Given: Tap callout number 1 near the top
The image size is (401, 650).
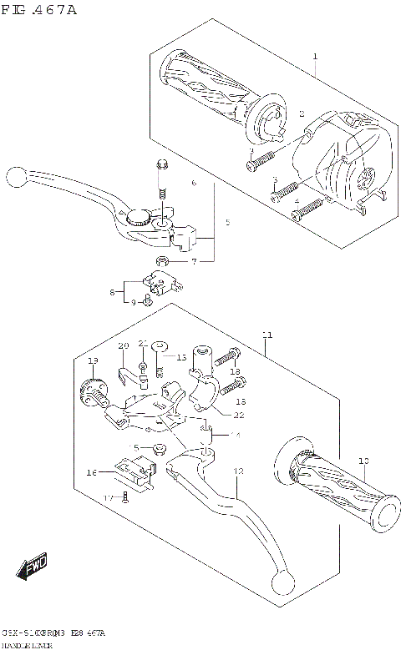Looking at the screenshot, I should point(315,57).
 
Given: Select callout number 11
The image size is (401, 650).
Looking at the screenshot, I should point(266,335).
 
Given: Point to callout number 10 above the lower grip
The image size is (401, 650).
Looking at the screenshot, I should point(363,461).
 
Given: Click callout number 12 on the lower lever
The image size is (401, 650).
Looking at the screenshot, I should point(238,471).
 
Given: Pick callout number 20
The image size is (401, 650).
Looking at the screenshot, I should point(123,345).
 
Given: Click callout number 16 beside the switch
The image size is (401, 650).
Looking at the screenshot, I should point(91,473).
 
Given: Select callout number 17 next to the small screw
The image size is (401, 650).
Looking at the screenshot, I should point(108,498).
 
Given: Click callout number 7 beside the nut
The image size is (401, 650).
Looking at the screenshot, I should point(193,262).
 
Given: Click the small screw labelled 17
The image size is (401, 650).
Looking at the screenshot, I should point(124,498).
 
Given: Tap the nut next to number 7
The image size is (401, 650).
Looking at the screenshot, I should point(164,262).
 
